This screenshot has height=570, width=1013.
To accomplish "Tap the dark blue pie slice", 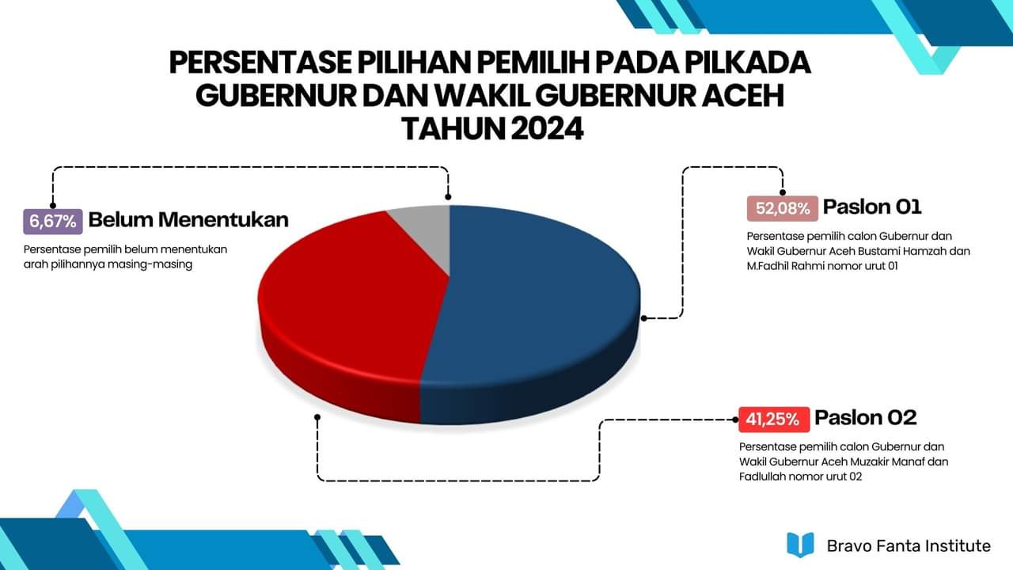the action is pos(533,312).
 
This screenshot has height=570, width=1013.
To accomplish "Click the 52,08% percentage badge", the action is pos(783,208).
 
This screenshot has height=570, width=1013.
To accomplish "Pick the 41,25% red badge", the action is pos(774,420).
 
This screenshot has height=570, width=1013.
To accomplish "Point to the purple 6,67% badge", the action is pos(53,222).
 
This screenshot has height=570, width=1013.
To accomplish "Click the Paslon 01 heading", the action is pos(872,207).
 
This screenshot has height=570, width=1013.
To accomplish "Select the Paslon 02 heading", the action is pos(866,417).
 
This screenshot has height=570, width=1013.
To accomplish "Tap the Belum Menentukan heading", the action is pos(188,220).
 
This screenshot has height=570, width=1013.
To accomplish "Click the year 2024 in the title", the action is pos(547,129).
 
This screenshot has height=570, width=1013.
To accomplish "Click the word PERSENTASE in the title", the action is pos(260,63).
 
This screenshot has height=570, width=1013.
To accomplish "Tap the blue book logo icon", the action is pos(800,545).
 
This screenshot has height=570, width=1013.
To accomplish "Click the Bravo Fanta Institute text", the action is pos(909,545).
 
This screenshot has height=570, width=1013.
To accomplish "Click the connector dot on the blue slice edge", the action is pos(644,318).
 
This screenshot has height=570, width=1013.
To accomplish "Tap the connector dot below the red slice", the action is pos(317,417).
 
